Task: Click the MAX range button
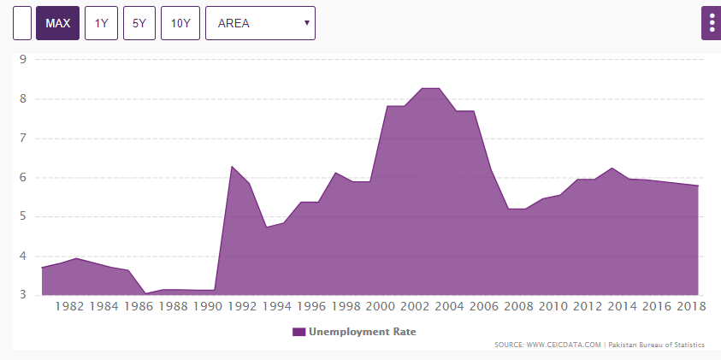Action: tap(57, 23)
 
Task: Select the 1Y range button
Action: tap(101, 23)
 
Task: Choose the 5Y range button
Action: tap(139, 23)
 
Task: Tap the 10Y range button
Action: tap(180, 23)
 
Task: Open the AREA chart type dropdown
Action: tap(260, 23)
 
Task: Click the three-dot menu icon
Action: tap(712, 23)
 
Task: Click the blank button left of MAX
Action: tap(22, 23)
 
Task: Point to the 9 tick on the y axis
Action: tap(23, 59)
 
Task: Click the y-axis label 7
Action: tap(23, 138)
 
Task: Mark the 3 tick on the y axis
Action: tap(23, 295)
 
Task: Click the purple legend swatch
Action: tap(298, 332)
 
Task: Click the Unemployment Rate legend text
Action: tap(362, 332)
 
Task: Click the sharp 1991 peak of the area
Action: tap(231, 167)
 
